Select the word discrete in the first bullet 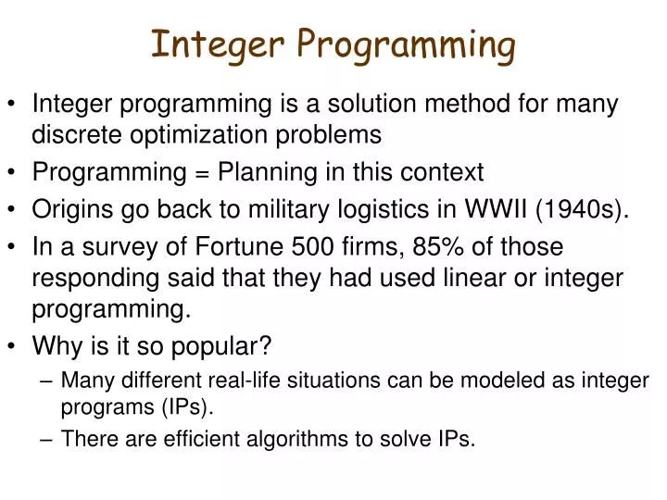tap(78, 135)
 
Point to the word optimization tap(192, 135)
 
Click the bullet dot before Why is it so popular tap(16, 346)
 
